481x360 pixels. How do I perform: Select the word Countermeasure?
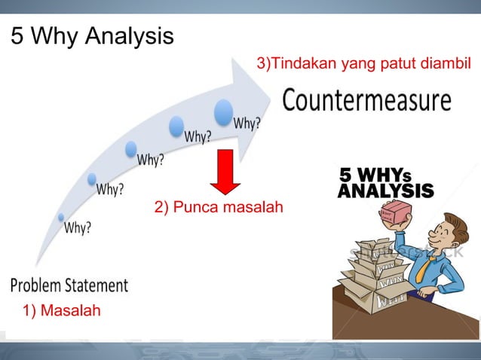click(366, 99)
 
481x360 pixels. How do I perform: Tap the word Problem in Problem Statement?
click(38, 286)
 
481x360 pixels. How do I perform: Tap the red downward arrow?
click(225, 170)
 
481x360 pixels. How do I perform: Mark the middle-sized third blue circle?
click(130, 149)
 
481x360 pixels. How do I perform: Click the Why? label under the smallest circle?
click(77, 227)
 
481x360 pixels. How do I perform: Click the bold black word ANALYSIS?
click(385, 191)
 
